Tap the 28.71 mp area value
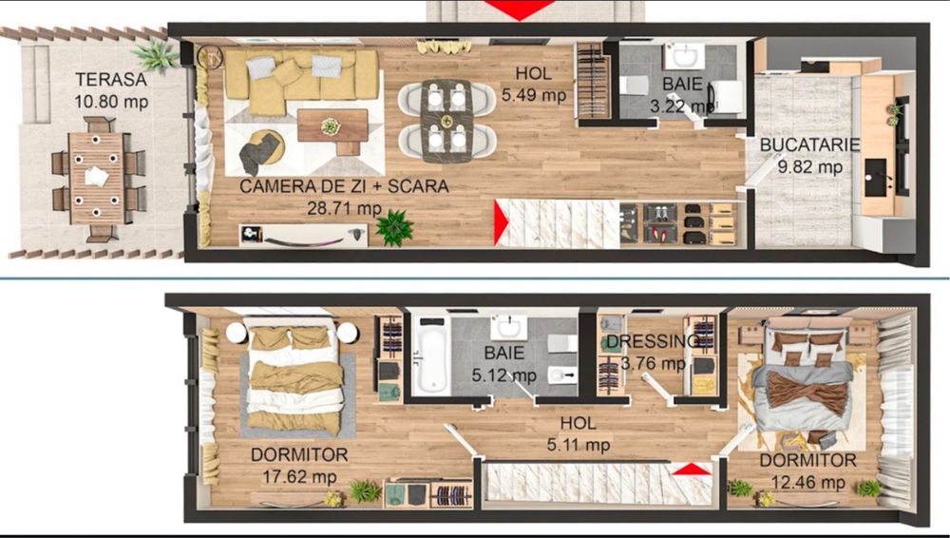tap(344, 207)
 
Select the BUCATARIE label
tap(810, 145)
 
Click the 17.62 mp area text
tap(299, 477)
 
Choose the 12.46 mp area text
tap(807, 482)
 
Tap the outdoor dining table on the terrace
tap(96, 177)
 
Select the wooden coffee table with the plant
tap(332, 126)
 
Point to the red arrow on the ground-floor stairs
tap(502, 224)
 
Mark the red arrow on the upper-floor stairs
tap(693, 470)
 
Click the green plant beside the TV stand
tap(393, 227)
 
